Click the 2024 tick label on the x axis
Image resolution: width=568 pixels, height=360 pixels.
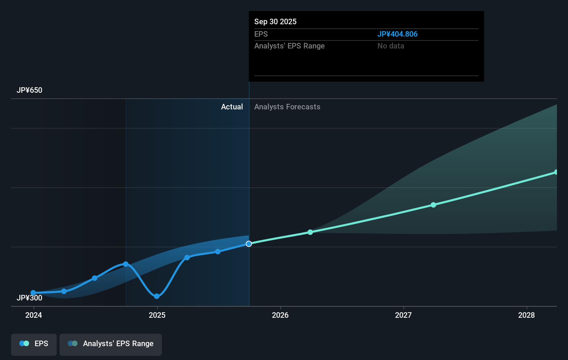tap(34, 315)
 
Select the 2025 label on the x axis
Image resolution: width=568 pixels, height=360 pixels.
tap(157, 315)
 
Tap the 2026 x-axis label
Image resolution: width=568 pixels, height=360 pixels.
tap(280, 315)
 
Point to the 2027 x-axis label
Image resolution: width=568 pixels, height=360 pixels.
tap(403, 315)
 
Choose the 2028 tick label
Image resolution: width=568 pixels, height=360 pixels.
tap(526, 315)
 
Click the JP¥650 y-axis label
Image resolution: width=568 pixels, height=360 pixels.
tap(29, 90)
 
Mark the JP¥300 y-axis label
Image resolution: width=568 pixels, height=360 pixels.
tap(29, 298)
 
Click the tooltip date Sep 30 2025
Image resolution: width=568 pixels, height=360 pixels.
tap(275, 22)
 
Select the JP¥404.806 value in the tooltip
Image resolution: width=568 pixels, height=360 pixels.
tap(397, 34)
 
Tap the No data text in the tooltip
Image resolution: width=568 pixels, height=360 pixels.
tap(391, 46)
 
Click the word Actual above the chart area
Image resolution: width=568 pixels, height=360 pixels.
tap(232, 107)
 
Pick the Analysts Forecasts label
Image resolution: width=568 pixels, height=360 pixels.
tap(287, 107)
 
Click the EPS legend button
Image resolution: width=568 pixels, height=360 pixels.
tap(34, 344)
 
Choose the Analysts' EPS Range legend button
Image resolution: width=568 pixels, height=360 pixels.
tap(111, 344)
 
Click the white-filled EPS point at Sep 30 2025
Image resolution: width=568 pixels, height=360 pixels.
tap(249, 244)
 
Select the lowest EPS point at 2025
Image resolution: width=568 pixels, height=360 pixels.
tap(157, 296)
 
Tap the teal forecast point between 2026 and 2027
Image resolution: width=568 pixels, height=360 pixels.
tap(310, 232)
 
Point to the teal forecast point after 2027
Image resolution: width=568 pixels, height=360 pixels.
tap(433, 205)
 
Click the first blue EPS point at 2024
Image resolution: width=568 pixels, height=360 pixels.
tap(33, 293)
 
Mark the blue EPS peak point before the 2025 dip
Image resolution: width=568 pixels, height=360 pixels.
tap(126, 264)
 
